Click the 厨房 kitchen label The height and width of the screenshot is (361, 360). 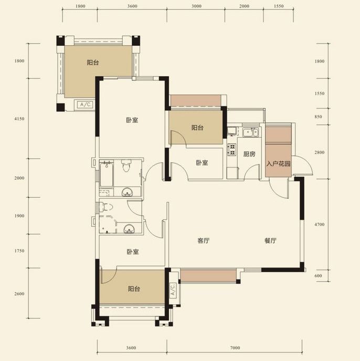(x=249, y=154)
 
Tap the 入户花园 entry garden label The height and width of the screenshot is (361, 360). (x=278, y=164)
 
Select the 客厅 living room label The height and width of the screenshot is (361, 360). (x=204, y=241)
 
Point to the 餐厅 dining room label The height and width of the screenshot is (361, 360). (x=270, y=241)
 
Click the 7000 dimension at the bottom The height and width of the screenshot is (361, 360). (x=235, y=348)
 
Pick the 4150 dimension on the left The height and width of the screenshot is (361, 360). (x=19, y=119)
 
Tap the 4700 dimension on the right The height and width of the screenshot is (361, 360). (x=320, y=224)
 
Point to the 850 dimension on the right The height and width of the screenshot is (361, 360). (x=318, y=117)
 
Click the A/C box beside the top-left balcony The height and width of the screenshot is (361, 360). (x=86, y=105)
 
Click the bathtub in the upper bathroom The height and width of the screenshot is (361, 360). (x=106, y=174)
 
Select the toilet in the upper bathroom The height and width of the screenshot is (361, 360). (x=126, y=166)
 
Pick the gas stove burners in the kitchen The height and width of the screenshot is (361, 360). (x=232, y=149)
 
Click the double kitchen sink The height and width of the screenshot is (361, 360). (x=250, y=133)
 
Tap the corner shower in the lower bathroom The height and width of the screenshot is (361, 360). (x=108, y=224)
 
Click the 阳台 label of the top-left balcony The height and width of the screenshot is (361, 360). (x=93, y=63)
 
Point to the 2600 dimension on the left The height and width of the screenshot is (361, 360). (x=19, y=294)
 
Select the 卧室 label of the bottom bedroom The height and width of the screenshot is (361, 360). (x=133, y=252)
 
